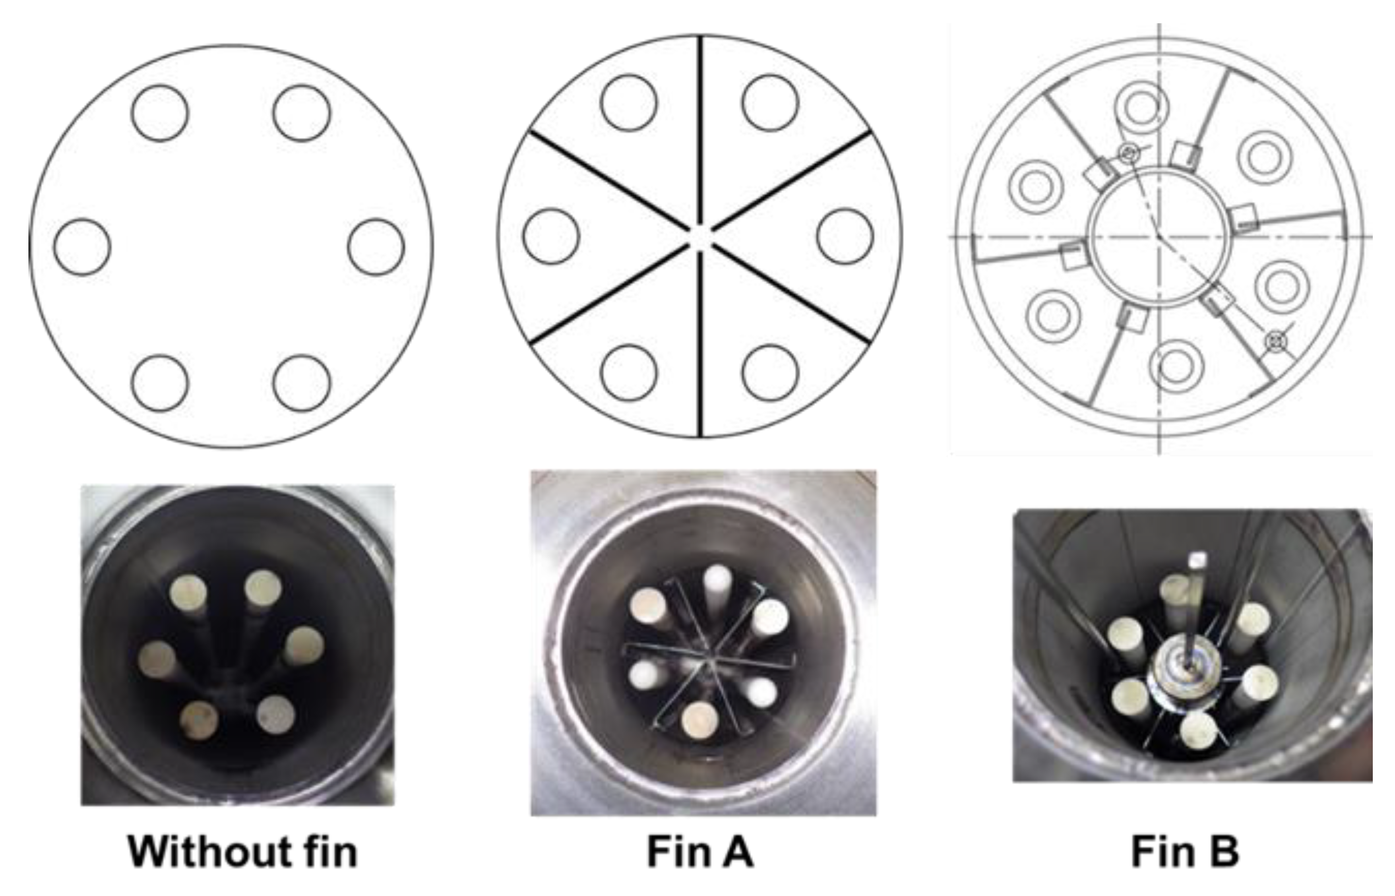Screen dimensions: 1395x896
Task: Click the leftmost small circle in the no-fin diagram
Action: click(82, 247)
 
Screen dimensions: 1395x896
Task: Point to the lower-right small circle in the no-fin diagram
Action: click(302, 383)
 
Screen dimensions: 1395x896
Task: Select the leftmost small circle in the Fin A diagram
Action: click(551, 236)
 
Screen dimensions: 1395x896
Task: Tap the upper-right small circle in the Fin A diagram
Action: click(770, 102)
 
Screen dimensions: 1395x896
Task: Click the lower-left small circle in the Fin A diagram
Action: click(629, 373)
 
